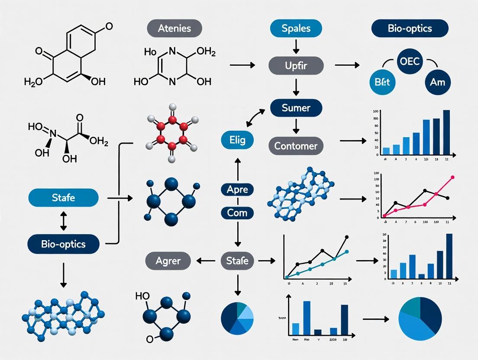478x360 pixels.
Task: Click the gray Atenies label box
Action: click(x=174, y=29)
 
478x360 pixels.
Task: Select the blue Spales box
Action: click(x=296, y=29)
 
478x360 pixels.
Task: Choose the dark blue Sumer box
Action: click(x=296, y=108)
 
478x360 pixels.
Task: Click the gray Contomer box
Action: click(x=296, y=146)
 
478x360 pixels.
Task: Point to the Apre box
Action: click(x=237, y=190)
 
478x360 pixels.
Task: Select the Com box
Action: click(x=237, y=213)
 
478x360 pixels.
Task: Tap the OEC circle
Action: click(x=410, y=61)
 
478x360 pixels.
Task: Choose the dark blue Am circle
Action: click(x=437, y=82)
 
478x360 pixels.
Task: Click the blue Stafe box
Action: click(x=63, y=198)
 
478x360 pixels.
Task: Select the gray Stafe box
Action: click(x=237, y=260)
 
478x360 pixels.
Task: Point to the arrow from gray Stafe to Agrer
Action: click(x=206, y=260)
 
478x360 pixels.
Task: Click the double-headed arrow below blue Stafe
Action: click(x=63, y=221)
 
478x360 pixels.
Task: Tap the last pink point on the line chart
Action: click(x=453, y=177)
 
